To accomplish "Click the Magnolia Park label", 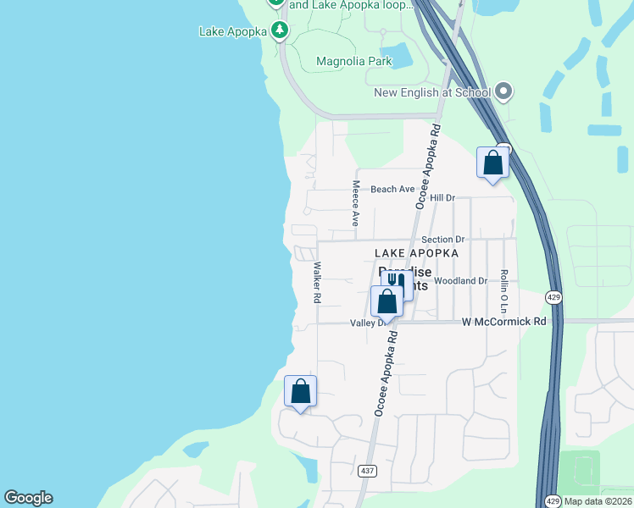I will [353, 61].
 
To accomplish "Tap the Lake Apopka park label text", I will [233, 31].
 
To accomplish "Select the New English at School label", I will [432, 91].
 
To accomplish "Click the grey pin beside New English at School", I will [503, 91].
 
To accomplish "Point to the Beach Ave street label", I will [392, 189].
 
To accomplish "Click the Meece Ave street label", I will [357, 202].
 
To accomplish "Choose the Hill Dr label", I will [442, 197].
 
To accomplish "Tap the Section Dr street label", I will [443, 240].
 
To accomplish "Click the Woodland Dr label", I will [460, 280].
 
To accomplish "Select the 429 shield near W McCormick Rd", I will [553, 297].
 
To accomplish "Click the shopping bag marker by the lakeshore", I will [300, 391].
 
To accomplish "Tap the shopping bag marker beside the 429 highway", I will [492, 162].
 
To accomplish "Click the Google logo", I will [28, 498].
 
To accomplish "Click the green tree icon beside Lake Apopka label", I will [280, 31].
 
